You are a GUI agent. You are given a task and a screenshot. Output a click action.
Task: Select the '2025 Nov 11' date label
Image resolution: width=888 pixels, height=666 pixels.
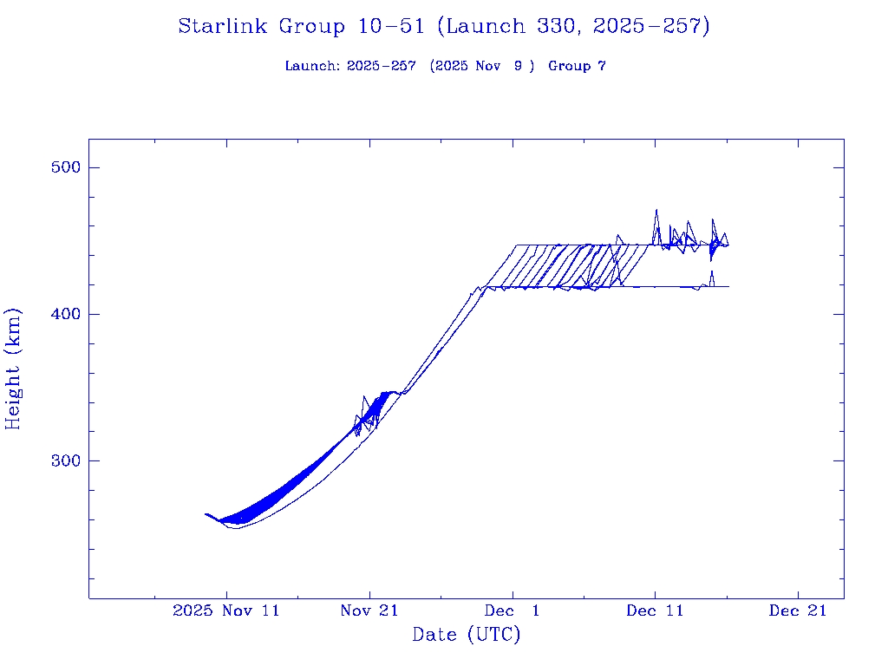click(x=226, y=610)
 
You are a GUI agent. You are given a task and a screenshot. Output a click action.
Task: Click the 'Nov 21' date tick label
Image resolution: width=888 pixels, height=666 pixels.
click(x=369, y=610)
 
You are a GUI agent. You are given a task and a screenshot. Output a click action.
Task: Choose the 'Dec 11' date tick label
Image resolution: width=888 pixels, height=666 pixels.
click(x=655, y=610)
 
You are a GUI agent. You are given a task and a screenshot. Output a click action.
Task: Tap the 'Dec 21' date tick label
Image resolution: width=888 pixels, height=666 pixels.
click(x=798, y=610)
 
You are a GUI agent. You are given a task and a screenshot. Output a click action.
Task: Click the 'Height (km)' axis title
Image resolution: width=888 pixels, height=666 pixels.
click(x=14, y=369)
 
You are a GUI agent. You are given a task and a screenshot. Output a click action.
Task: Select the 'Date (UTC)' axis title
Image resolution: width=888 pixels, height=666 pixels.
click(x=467, y=636)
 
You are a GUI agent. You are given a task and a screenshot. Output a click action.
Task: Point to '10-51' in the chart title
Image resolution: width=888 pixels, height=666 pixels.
click(x=391, y=27)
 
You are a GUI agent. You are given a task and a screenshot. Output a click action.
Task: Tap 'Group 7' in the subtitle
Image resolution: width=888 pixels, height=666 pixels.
click(x=577, y=66)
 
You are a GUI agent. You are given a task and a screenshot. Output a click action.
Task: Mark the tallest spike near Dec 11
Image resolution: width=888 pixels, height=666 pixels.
click(x=656, y=210)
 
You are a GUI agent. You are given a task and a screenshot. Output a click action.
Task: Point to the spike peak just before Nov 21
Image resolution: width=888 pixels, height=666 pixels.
click(x=364, y=397)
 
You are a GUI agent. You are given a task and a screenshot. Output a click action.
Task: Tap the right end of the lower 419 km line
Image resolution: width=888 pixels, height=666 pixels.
click(x=728, y=286)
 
